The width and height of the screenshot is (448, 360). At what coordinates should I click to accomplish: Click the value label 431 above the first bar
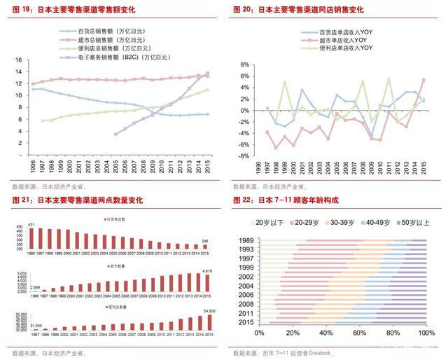[31, 224]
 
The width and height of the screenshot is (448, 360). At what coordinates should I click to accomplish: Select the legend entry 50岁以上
[414, 223]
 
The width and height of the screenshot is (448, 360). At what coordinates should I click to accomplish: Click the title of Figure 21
[81, 200]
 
